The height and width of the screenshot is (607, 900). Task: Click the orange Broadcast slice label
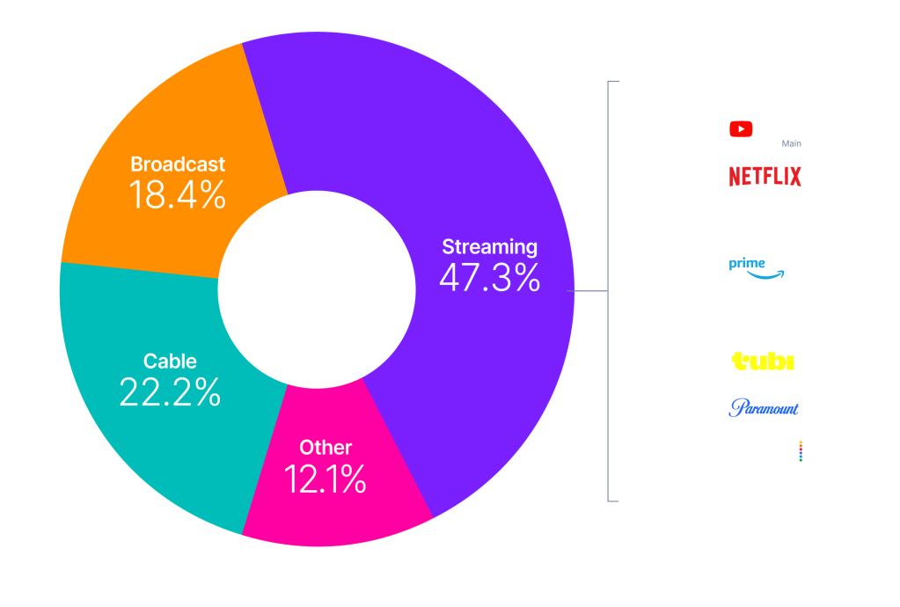point(178,165)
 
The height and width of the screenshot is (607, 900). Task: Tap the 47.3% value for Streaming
point(489,278)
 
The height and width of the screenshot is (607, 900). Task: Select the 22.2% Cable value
point(169,392)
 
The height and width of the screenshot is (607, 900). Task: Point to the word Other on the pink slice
point(326,448)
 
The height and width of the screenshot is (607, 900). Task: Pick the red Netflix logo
point(765,177)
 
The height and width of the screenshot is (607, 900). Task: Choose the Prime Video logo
point(765,267)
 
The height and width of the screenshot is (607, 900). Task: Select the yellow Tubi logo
point(763,361)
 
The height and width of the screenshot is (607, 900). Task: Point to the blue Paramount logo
point(764,407)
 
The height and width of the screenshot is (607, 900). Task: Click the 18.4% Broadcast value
point(177,195)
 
